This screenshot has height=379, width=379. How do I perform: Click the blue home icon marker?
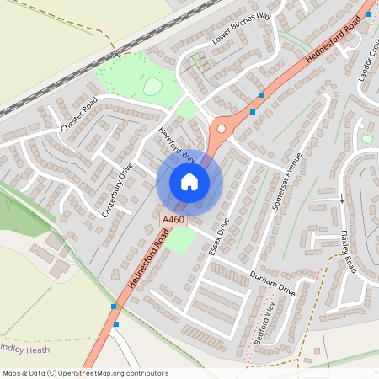pos(189,181)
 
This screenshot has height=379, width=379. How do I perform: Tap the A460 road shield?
pos(173,220)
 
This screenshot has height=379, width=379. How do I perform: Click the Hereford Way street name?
pos(177,145)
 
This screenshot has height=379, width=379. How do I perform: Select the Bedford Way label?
pos(264,323)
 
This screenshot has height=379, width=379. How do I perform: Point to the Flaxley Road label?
pos(349,252)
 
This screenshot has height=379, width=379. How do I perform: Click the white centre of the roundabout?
pos(222,129)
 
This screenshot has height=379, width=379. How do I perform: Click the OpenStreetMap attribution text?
pos(85,372)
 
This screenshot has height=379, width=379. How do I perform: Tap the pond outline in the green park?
pos(152,86)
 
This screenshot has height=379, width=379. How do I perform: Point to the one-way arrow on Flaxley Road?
pos(342,200)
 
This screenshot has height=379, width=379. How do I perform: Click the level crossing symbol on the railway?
pos(115,54)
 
